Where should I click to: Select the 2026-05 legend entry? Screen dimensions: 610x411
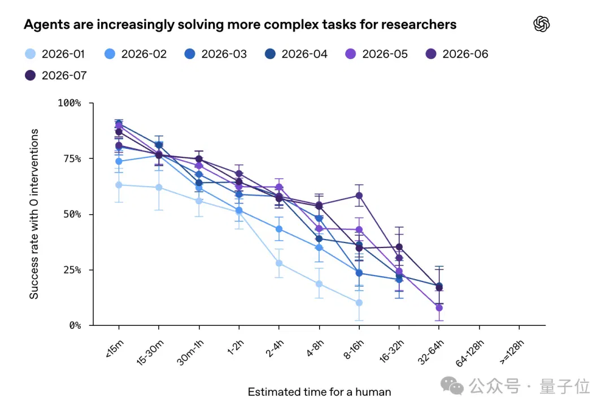[376, 54]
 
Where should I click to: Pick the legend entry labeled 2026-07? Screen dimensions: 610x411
[55, 76]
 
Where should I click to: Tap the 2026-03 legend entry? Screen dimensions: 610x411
[216, 54]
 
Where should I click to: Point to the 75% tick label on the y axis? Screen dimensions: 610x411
[72, 158]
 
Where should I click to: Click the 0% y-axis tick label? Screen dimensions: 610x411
[75, 325]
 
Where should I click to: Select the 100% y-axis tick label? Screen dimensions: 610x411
[69, 103]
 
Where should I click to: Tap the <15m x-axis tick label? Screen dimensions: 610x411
[114, 348]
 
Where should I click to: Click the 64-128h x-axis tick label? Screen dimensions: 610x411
[469, 353]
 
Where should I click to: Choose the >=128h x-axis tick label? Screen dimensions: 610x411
[512, 352]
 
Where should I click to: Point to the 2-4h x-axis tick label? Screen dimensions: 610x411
[274, 348]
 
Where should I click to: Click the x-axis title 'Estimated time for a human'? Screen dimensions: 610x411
[319, 392]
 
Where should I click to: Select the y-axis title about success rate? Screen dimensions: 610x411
[34, 214]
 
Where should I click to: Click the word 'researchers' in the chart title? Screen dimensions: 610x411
[419, 24]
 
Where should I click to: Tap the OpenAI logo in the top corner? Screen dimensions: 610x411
[542, 24]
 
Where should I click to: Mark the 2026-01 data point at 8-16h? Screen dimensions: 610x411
[359, 303]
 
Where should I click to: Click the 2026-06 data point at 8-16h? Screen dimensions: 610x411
[359, 196]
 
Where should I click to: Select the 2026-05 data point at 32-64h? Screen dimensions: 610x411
[439, 308]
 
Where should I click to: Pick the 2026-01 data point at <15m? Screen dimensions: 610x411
[119, 185]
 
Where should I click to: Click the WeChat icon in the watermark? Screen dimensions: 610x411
[452, 386]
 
